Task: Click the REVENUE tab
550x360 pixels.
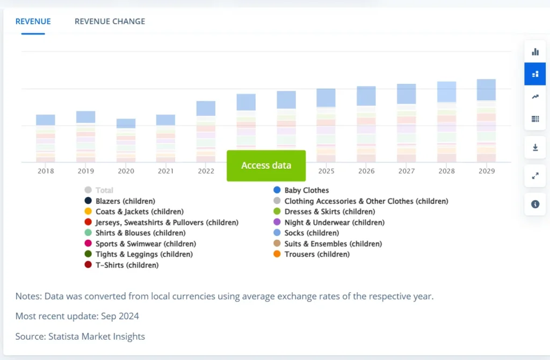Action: (33, 21)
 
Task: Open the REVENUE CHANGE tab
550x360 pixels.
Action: (110, 21)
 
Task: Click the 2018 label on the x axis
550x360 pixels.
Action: (46, 171)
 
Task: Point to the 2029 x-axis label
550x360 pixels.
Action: (486, 171)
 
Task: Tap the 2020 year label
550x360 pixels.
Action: (126, 171)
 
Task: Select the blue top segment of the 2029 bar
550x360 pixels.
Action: (486, 90)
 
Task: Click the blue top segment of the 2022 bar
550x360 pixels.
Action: (206, 108)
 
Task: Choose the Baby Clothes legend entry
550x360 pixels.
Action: (306, 190)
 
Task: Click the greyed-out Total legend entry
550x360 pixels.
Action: (104, 190)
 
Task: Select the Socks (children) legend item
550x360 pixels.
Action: (312, 233)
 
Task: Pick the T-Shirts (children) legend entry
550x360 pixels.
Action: (127, 265)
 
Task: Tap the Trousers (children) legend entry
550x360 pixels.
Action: (317, 254)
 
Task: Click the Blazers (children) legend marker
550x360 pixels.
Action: (88, 201)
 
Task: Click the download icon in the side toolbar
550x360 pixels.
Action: (535, 147)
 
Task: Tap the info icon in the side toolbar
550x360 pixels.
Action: (535, 204)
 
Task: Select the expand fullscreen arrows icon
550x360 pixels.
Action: (535, 176)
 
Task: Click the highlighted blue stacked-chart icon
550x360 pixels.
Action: (535, 74)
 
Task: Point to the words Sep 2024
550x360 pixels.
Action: (120, 316)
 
